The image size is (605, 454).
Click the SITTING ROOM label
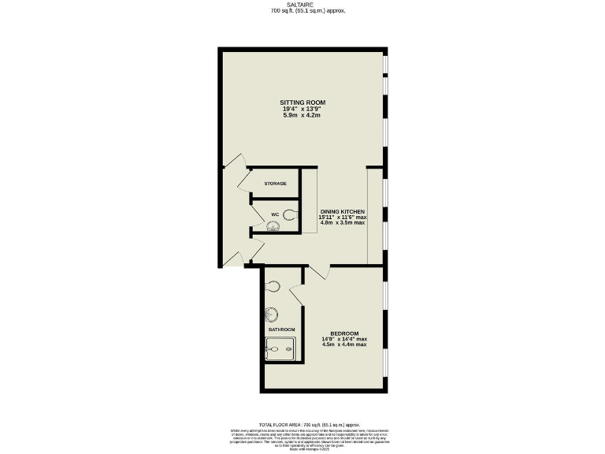[302, 102]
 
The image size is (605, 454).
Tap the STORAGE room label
[275, 184]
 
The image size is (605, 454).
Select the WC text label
[275, 214]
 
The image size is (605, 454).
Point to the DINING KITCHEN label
[343, 210]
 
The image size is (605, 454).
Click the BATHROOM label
[281, 329]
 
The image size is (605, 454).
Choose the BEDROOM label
[344, 333]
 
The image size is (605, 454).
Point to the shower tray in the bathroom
[280, 348]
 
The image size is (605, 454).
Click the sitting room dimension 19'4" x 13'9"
[302, 110]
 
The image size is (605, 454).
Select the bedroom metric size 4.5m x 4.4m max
[344, 344]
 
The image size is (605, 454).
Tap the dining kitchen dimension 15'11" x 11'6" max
[343, 217]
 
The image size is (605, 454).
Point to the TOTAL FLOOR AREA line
[303, 424]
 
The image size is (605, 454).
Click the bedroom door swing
[317, 272]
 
